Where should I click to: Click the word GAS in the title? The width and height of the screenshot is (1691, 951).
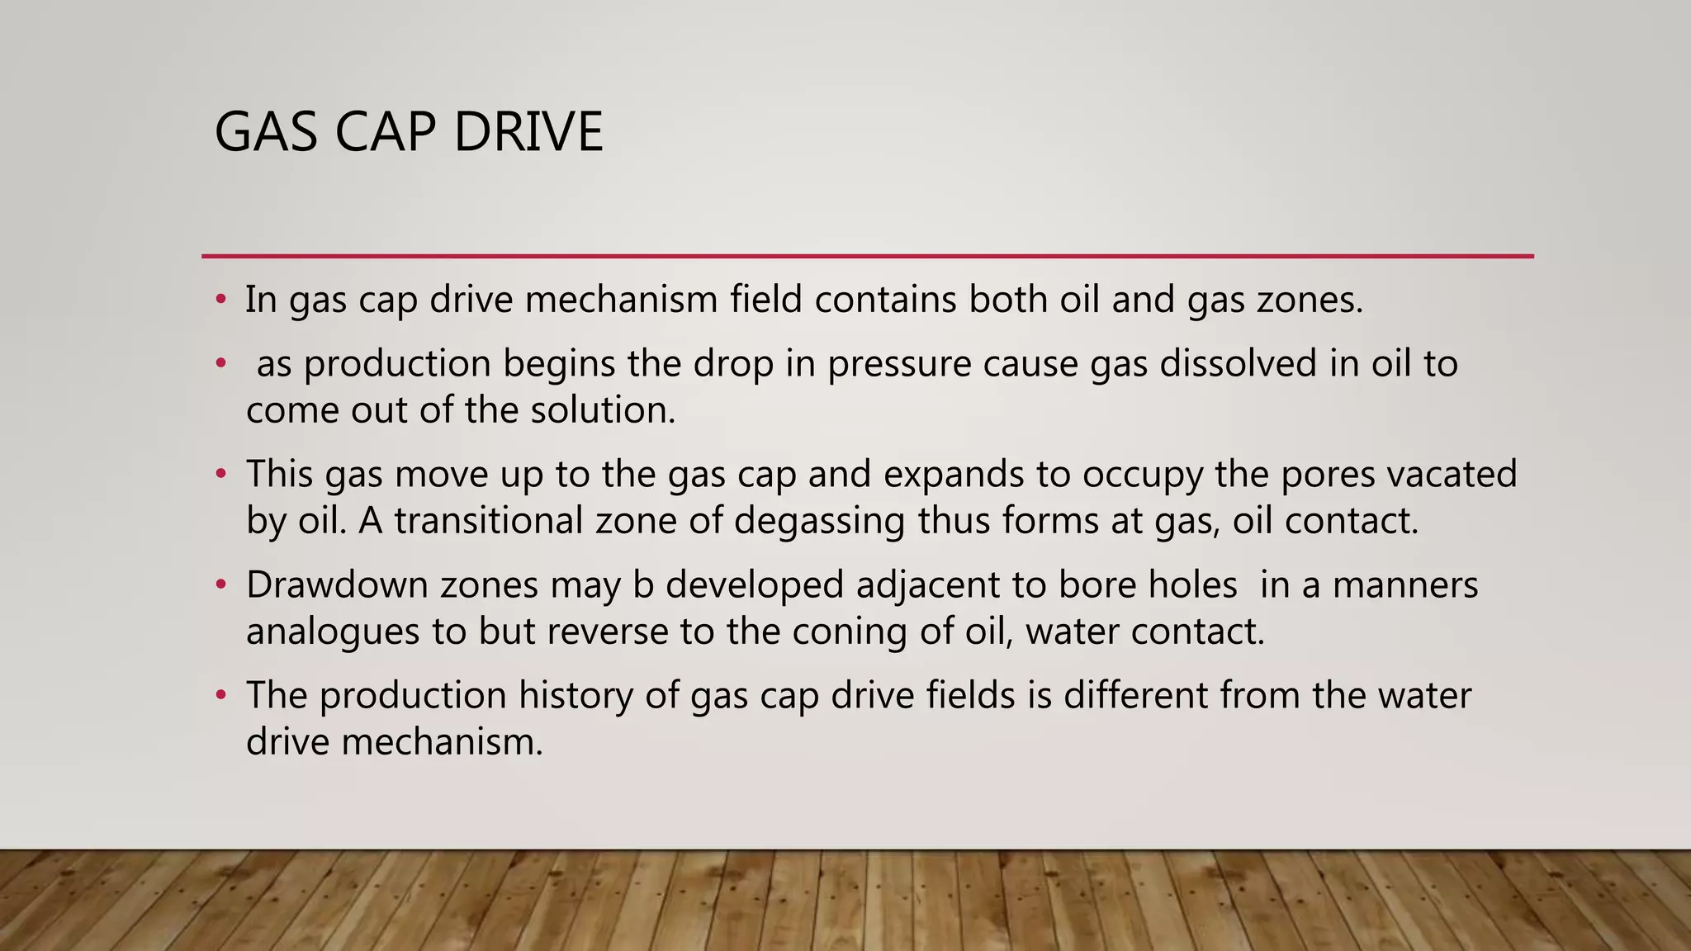[266, 132]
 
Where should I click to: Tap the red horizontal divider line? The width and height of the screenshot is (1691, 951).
[867, 256]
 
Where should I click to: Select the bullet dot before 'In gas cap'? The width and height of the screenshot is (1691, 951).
[220, 300]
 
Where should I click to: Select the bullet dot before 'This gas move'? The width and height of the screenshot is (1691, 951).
[220, 475]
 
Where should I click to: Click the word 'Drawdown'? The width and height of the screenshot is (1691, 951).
[337, 584]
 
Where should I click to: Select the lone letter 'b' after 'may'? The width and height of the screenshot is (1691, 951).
[643, 584]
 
